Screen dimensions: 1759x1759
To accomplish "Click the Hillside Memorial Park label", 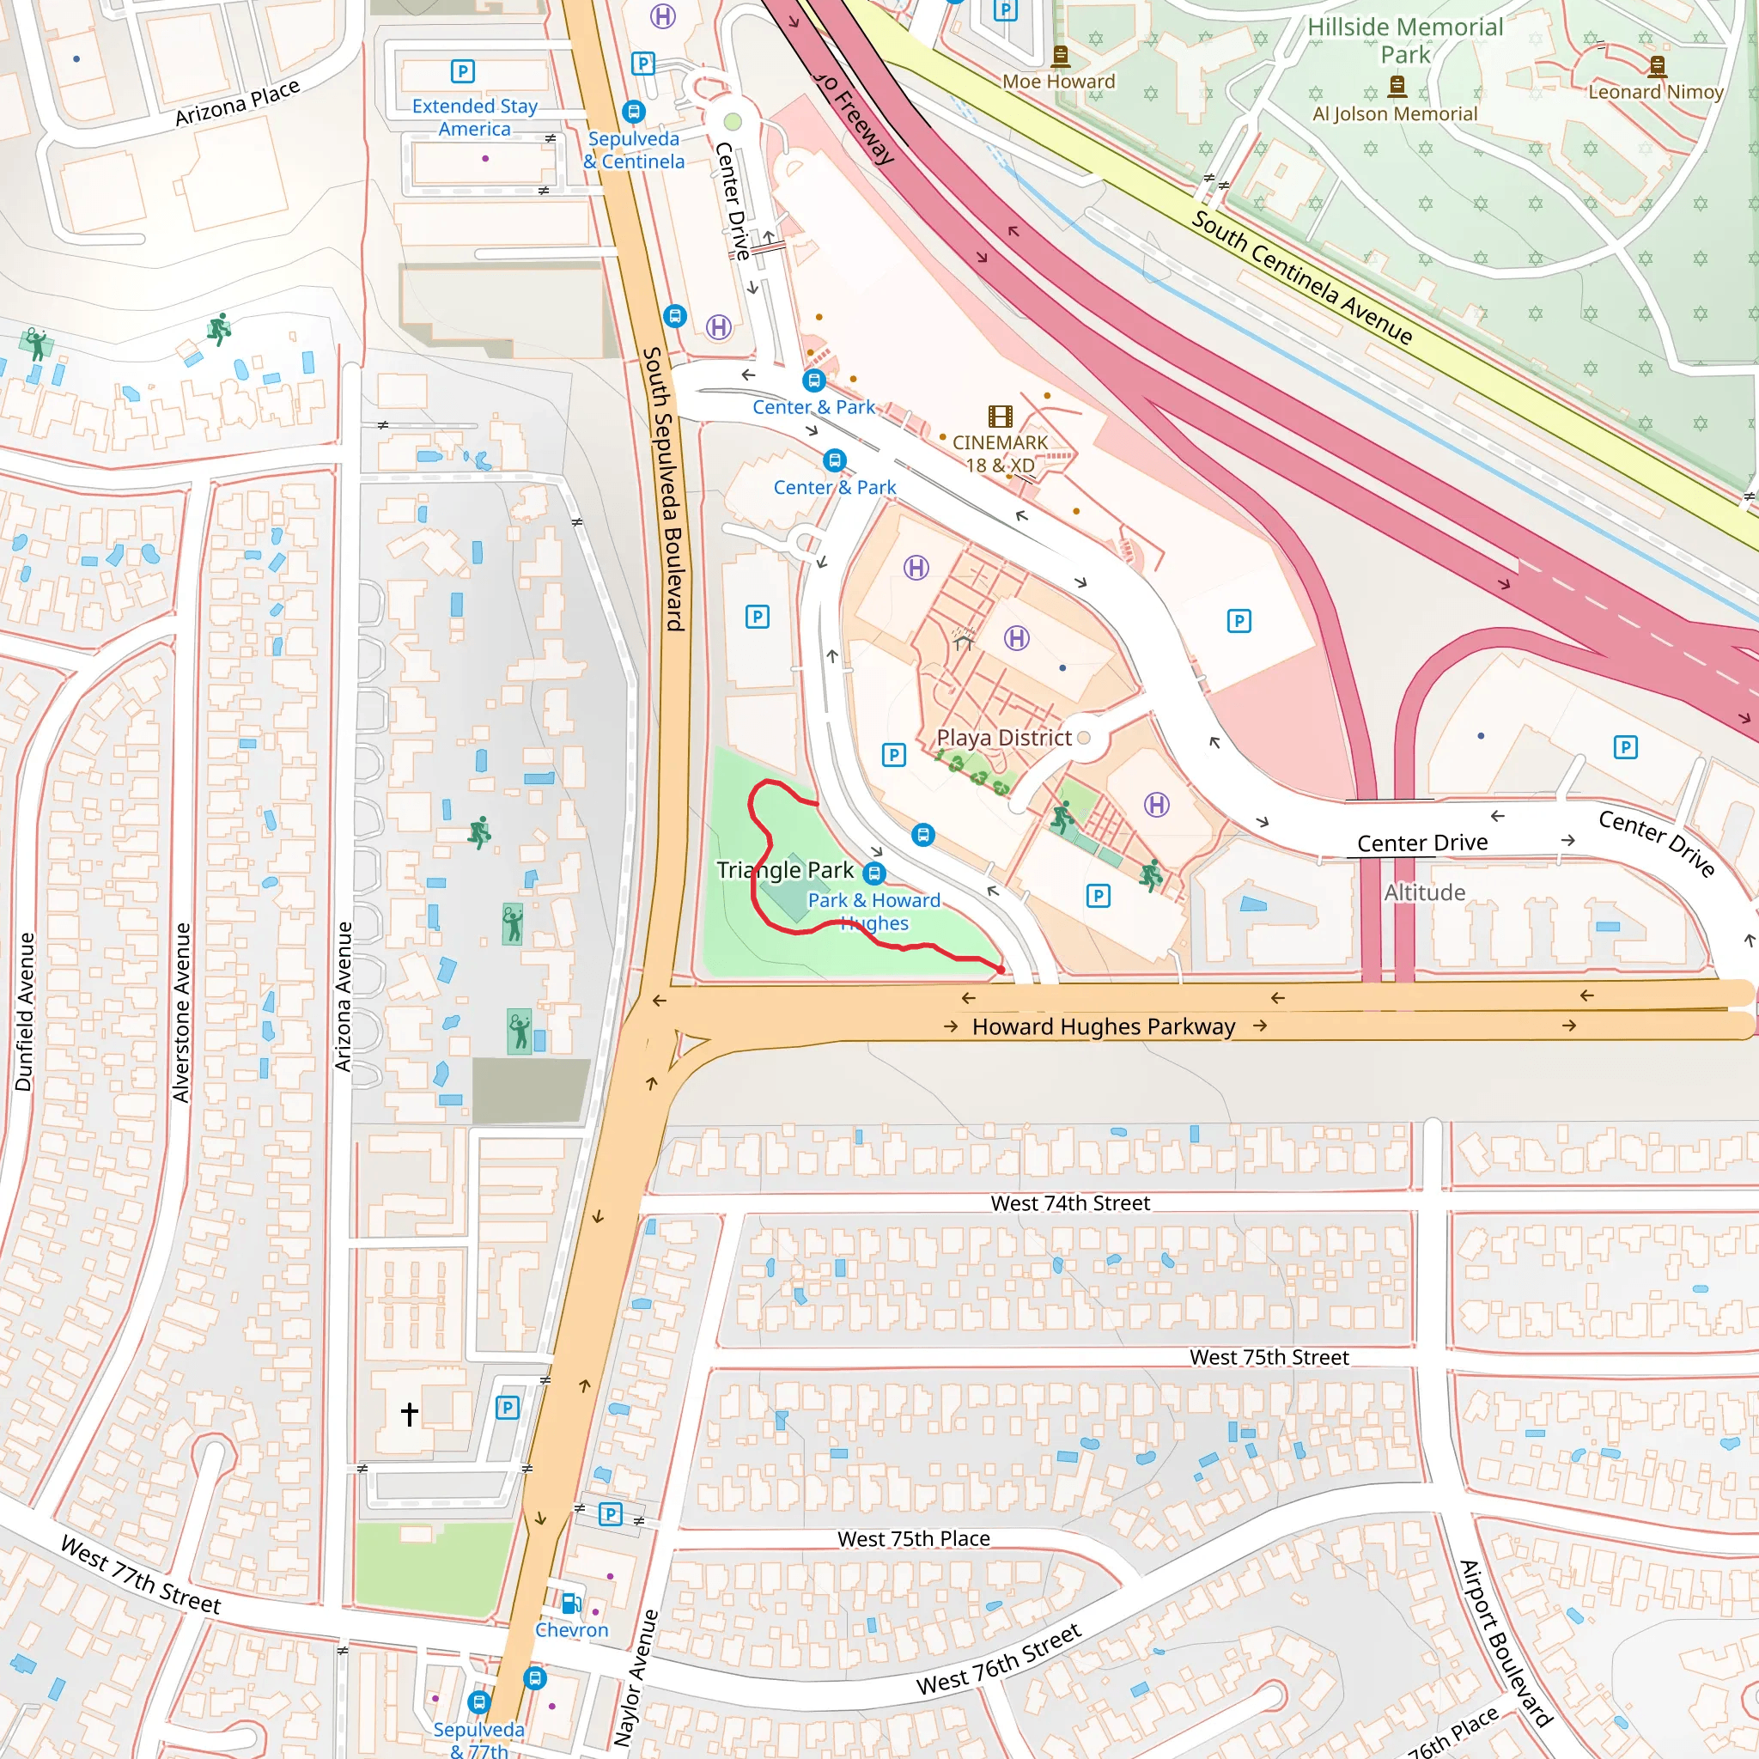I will [x=1405, y=41].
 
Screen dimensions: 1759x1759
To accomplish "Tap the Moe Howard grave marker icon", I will [x=1060, y=57].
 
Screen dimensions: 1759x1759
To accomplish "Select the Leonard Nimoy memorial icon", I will [x=1657, y=65].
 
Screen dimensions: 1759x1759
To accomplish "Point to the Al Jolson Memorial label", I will [x=1394, y=114].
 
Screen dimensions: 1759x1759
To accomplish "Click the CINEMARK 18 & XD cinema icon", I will [x=1000, y=417].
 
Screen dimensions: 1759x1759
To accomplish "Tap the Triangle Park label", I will [x=785, y=870].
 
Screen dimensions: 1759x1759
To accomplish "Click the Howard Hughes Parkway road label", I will [x=1104, y=1027].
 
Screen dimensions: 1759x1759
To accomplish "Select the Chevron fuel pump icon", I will [x=571, y=1604].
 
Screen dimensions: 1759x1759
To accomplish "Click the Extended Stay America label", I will [x=474, y=118].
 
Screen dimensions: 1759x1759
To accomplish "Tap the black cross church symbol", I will [x=410, y=1413].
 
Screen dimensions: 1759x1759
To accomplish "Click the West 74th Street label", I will [x=1070, y=1203].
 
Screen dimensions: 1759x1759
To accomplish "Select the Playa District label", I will [x=1003, y=738].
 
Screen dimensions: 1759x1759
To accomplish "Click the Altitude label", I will [x=1424, y=892].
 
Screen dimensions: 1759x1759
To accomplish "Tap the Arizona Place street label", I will [x=237, y=103].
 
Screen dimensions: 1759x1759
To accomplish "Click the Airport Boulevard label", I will [x=1505, y=1643].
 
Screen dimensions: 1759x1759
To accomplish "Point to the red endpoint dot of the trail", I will [x=1001, y=970].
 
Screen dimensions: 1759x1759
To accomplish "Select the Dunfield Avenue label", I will [x=25, y=1012].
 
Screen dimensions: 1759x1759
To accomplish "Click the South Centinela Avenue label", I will [x=1301, y=277].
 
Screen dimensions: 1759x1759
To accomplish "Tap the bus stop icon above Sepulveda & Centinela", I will [x=634, y=111].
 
